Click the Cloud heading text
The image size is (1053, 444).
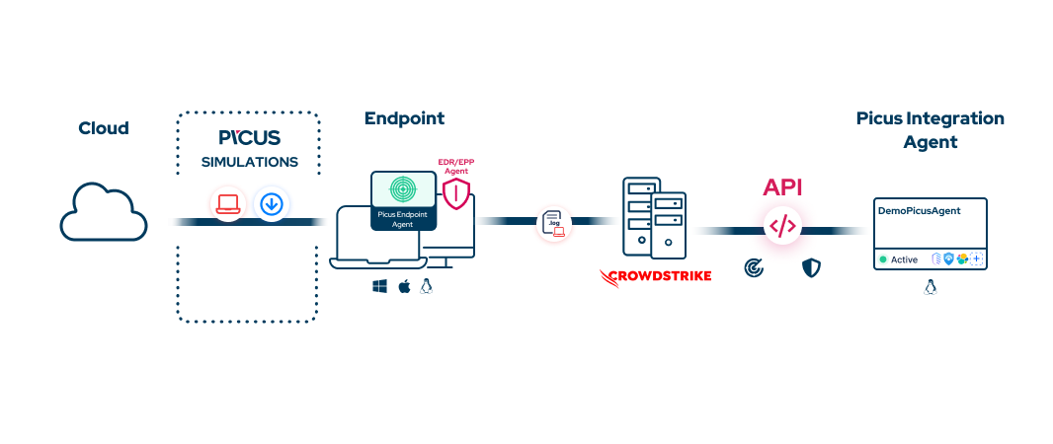[x=104, y=128]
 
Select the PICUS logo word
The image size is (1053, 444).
[x=249, y=137]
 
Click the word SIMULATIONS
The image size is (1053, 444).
[x=249, y=162]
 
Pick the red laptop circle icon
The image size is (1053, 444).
[x=229, y=204]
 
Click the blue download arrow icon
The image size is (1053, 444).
[x=272, y=204]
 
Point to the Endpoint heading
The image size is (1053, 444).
[x=404, y=118]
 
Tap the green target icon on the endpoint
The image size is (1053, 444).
[x=403, y=188]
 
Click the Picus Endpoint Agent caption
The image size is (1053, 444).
[x=403, y=218]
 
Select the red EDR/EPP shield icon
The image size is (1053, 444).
[x=455, y=194]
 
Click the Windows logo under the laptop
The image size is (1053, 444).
[x=379, y=286]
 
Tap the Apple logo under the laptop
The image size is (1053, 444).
[x=403, y=286]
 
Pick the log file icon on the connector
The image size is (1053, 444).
[x=554, y=224]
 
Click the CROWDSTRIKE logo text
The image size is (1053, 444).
[x=655, y=276]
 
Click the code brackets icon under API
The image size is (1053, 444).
[x=782, y=226]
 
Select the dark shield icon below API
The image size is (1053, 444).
[x=811, y=267]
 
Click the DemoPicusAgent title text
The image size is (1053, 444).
[x=919, y=210]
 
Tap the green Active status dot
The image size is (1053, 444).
[x=883, y=259]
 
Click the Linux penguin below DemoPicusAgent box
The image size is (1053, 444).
[x=930, y=287]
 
